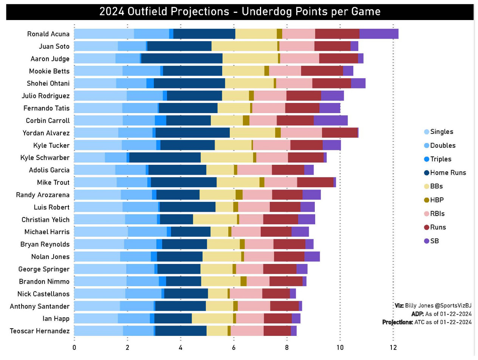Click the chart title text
(x=240, y=12)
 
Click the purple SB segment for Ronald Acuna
(x=379, y=34)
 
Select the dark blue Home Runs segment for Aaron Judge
(x=182, y=59)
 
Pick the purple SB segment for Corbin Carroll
(x=330, y=120)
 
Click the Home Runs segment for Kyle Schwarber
(x=165, y=157)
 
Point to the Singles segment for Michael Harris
(x=101, y=231)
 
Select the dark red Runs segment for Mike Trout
(x=315, y=182)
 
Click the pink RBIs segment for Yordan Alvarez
(x=301, y=133)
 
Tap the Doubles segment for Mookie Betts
(x=141, y=71)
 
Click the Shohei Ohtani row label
(x=48, y=84)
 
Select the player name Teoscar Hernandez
(x=40, y=331)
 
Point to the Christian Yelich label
(x=45, y=219)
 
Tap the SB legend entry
(x=435, y=241)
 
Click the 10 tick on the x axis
(x=340, y=347)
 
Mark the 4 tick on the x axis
(x=181, y=347)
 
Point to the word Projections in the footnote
(x=397, y=322)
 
